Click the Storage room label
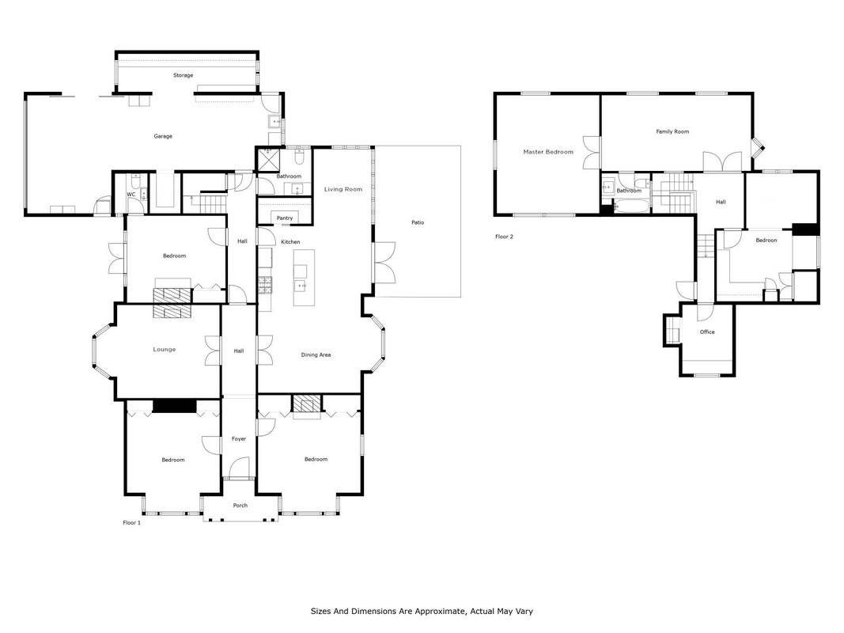point(183,75)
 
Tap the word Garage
point(163,136)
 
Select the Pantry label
point(285,218)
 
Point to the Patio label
point(418,222)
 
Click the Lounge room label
point(165,349)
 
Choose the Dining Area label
point(316,354)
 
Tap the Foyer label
point(239,438)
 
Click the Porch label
point(240,506)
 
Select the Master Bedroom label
point(548,152)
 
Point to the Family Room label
point(672,131)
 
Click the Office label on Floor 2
point(707,332)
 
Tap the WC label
point(131,195)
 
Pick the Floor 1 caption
point(132,523)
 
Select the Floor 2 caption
point(505,237)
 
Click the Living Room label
point(343,189)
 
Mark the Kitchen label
point(290,241)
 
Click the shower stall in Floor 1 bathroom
point(268,159)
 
